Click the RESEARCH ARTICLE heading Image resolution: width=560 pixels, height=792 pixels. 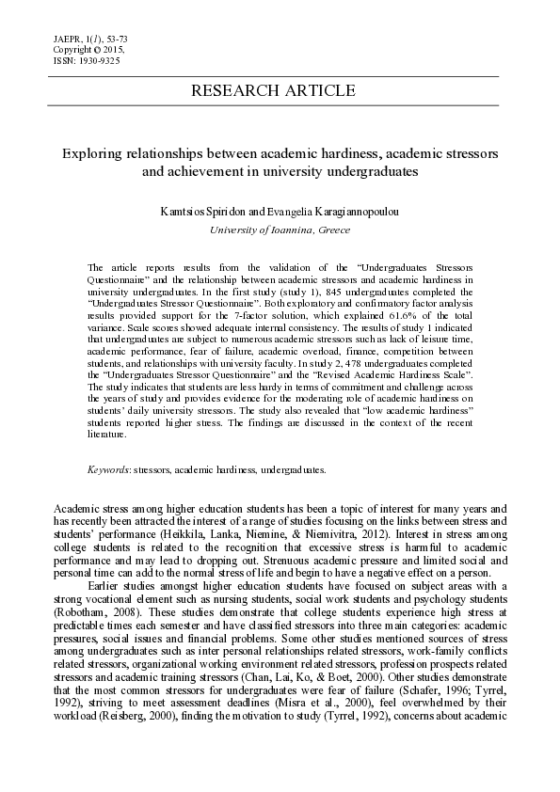pyautogui.click(x=273, y=91)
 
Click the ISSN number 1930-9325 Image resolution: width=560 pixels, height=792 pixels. pyautogui.click(x=98, y=59)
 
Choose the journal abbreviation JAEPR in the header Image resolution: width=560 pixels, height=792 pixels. pyautogui.click(x=68, y=38)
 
